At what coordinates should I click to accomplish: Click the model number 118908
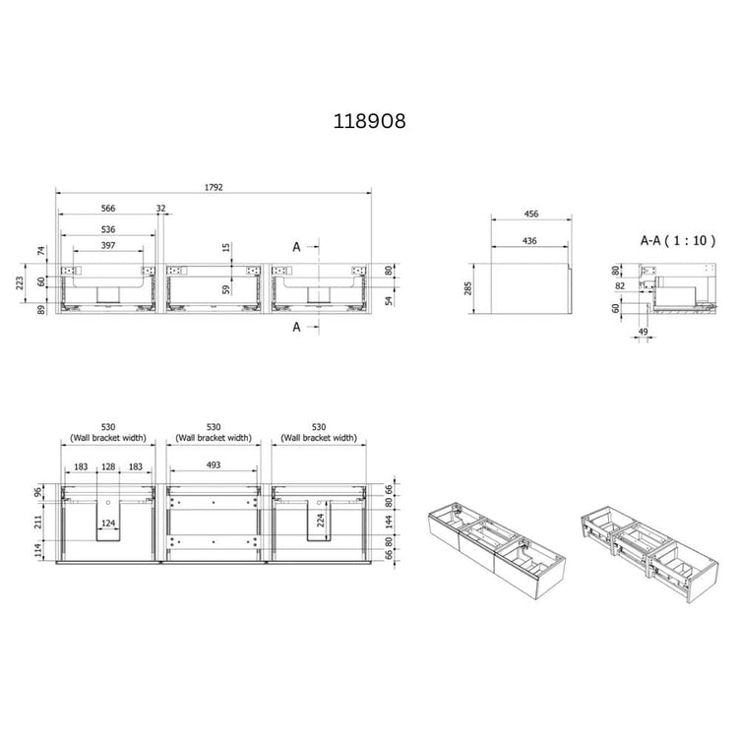pyautogui.click(x=369, y=121)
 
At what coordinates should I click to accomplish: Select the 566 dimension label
pyautogui.click(x=108, y=209)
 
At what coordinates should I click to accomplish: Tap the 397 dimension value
pyautogui.click(x=108, y=245)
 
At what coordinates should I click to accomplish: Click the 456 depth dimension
pyautogui.click(x=529, y=214)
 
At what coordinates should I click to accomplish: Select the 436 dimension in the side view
pyautogui.click(x=529, y=240)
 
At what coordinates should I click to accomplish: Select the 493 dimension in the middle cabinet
pyautogui.click(x=214, y=464)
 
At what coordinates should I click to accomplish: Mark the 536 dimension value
pyautogui.click(x=108, y=229)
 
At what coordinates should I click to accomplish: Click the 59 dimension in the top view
pyautogui.click(x=225, y=289)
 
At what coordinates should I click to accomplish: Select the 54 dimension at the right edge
pyautogui.click(x=388, y=299)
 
